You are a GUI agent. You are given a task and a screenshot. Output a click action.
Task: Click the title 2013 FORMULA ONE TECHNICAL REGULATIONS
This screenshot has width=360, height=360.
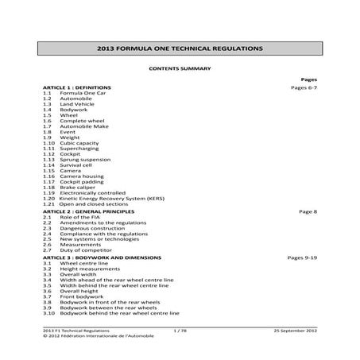[x=180, y=48]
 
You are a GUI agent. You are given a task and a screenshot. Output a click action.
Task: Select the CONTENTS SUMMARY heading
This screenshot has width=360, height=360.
[x=180, y=69]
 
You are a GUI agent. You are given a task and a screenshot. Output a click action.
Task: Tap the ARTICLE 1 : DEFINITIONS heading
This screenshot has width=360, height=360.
[x=77, y=87]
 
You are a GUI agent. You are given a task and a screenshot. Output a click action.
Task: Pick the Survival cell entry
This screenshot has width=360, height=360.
[x=79, y=165]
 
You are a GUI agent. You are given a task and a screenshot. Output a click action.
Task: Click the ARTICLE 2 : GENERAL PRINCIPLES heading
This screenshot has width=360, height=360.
[x=89, y=212]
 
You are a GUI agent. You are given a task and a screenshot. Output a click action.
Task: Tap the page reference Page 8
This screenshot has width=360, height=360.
[x=308, y=212]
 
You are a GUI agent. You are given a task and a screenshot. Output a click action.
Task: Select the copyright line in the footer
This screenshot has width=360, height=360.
[x=99, y=335]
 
